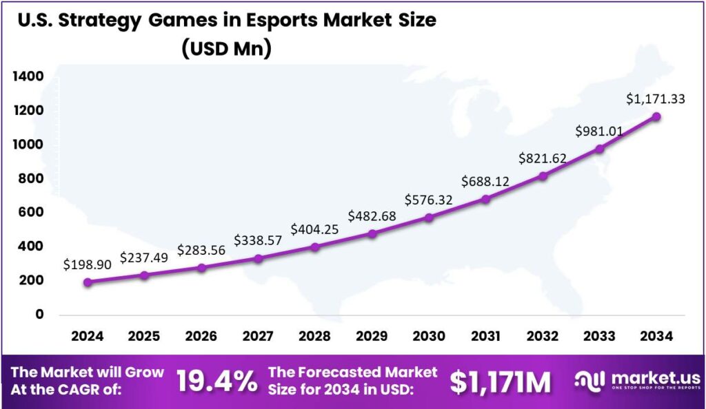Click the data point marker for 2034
tap(656, 117)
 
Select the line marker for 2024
tap(88, 282)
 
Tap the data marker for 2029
tap(372, 233)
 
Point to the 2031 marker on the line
tap(486, 199)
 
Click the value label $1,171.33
tap(655, 99)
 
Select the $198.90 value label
tap(86, 264)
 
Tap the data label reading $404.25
tap(314, 229)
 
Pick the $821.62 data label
tap(543, 158)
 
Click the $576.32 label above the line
tap(429, 200)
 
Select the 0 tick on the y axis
tap(39, 315)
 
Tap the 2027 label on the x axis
tap(258, 337)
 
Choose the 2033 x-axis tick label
tap(599, 337)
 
